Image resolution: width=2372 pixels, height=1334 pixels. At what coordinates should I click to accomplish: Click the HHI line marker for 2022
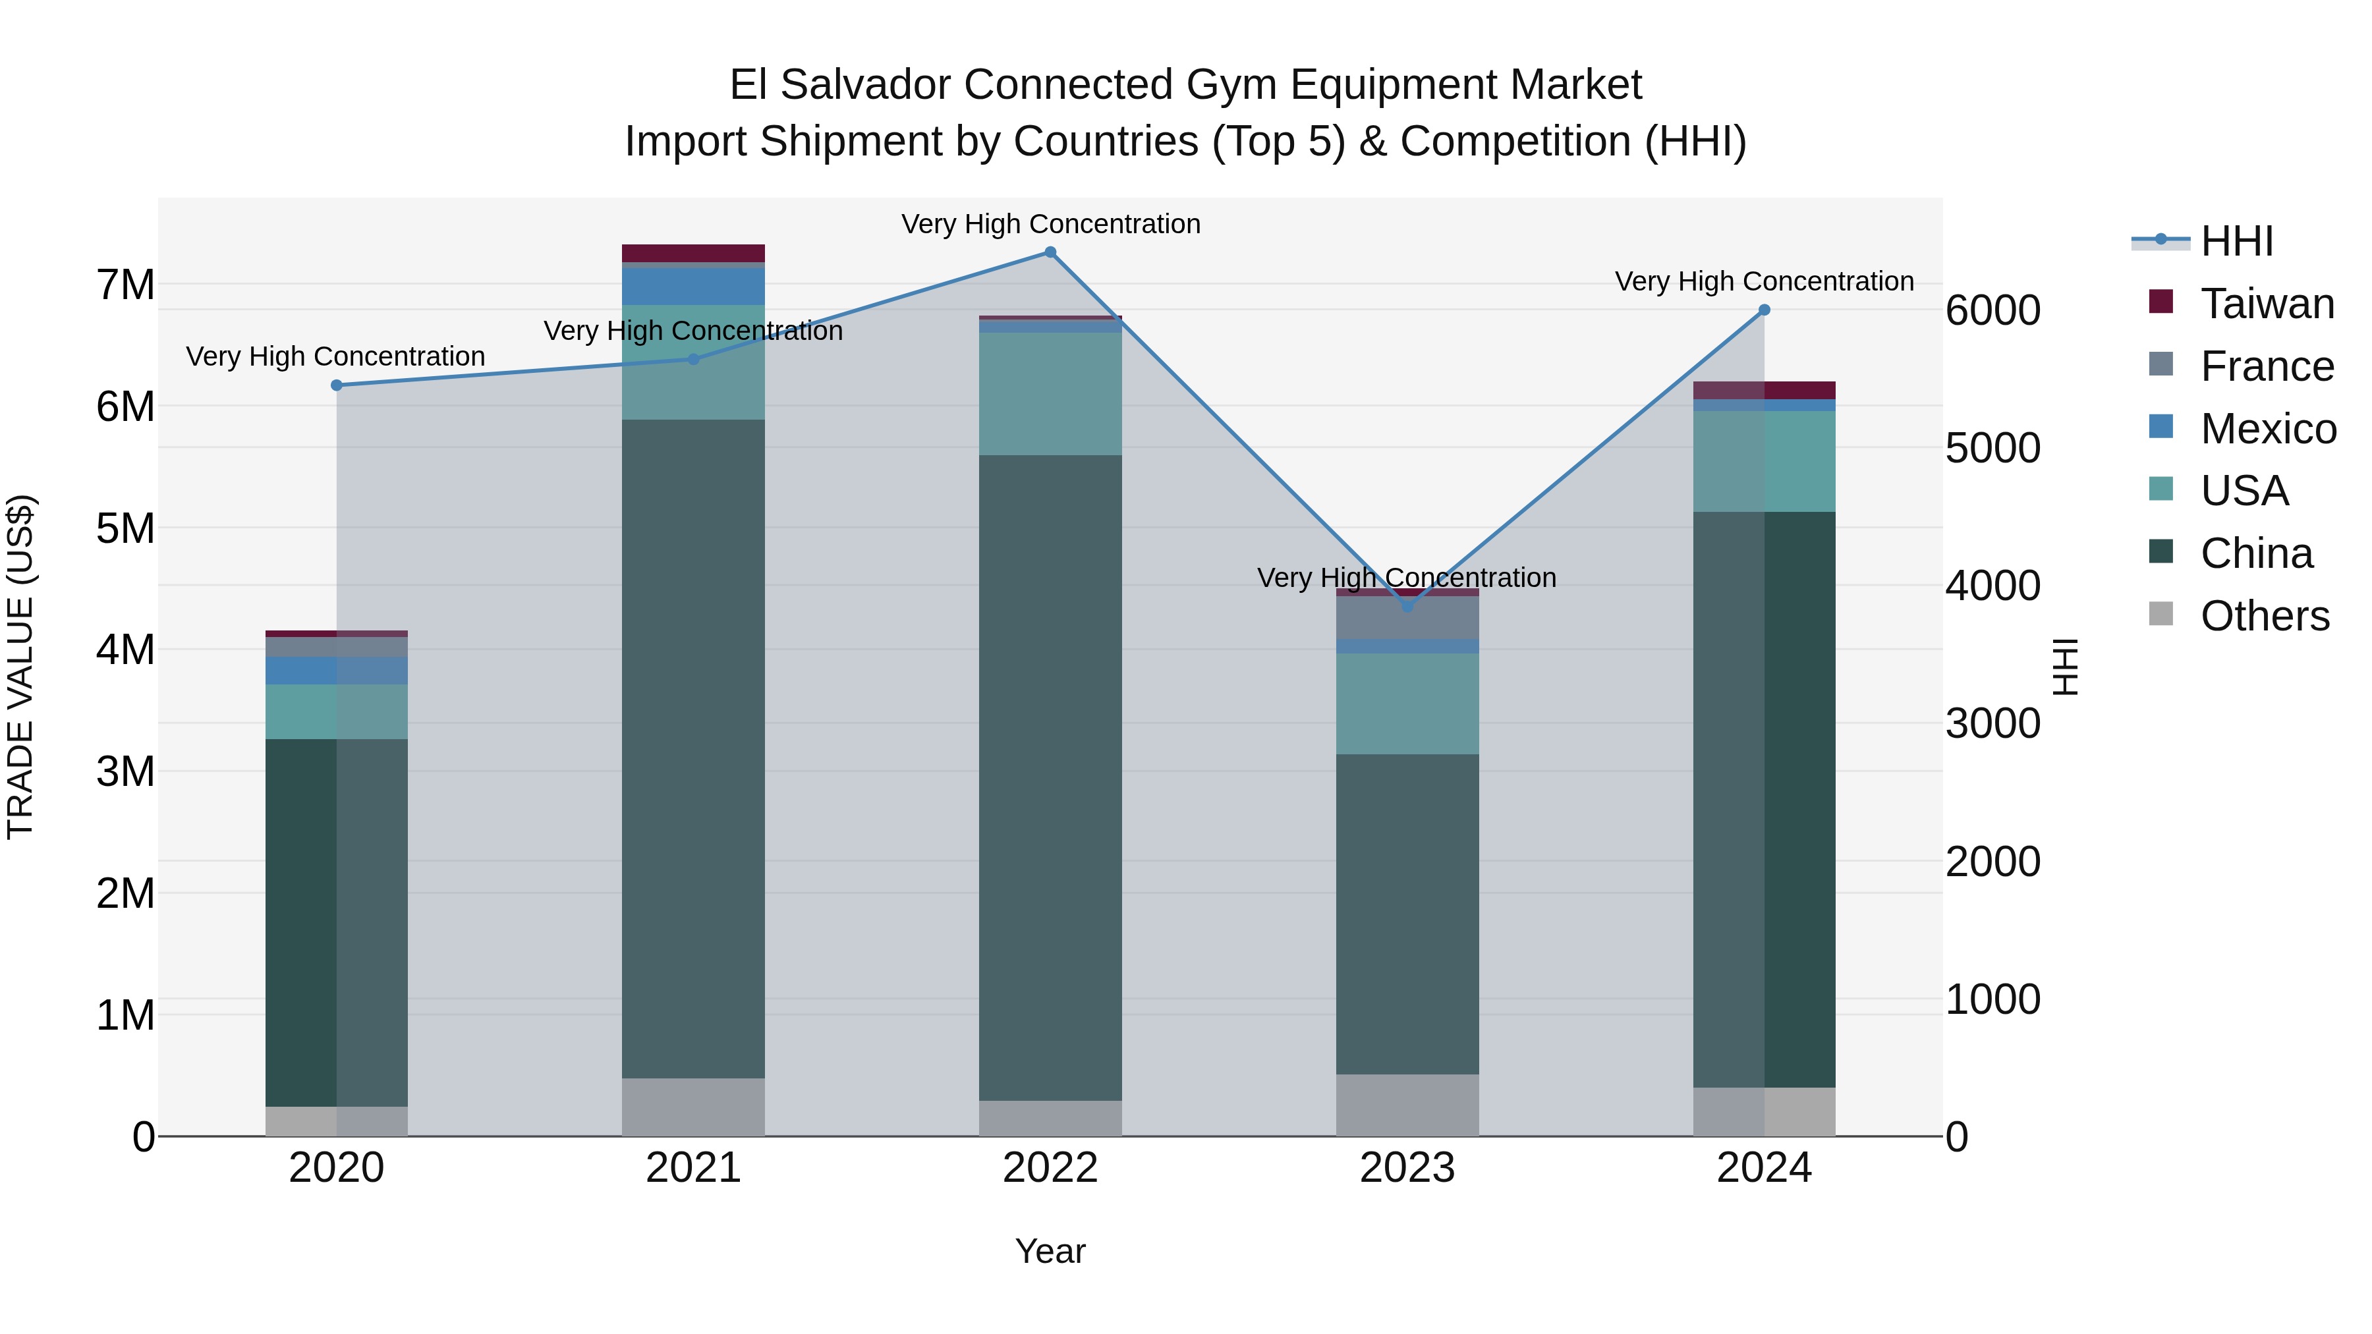tap(1050, 252)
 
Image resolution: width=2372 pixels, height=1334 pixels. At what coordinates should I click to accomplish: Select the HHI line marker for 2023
tap(1407, 607)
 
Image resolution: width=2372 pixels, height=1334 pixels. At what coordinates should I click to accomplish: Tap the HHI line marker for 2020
tap(336, 385)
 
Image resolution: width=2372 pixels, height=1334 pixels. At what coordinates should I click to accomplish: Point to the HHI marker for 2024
tap(1765, 310)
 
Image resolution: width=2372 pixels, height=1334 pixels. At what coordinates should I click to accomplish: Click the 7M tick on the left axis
tap(125, 285)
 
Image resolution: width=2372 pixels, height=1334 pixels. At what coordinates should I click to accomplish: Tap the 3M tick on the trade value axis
tap(125, 771)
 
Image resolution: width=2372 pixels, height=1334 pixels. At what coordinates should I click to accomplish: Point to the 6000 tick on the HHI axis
tap(1992, 310)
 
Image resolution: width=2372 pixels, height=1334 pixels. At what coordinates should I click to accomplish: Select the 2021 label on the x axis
tap(693, 1168)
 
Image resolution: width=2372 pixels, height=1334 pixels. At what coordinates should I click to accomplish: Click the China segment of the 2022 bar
tap(1050, 778)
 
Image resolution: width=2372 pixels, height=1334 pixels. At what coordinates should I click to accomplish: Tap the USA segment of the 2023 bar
tap(1407, 704)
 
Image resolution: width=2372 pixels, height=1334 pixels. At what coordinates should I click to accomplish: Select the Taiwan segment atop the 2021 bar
tap(693, 253)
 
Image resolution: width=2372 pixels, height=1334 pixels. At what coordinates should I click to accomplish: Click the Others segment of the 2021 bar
tap(693, 1107)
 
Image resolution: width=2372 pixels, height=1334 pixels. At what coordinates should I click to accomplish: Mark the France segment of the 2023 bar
tap(1407, 618)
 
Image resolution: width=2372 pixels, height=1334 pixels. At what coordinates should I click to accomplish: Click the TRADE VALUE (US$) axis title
tap(20, 667)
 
